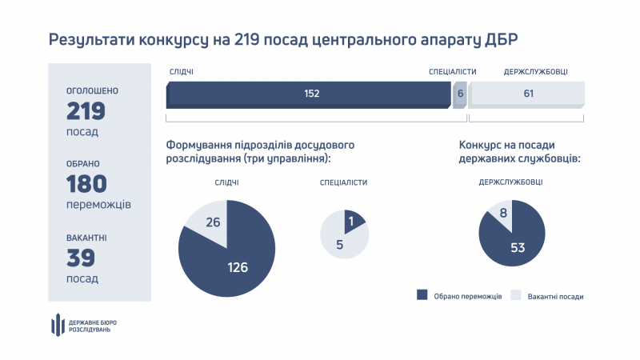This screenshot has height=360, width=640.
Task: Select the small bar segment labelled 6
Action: tap(460, 94)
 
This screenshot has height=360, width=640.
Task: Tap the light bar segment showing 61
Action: tap(527, 94)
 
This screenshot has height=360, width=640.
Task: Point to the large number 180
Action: tap(86, 184)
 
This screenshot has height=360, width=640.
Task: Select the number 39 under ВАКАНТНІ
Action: tap(81, 258)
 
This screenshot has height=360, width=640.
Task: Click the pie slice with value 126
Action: tap(232, 256)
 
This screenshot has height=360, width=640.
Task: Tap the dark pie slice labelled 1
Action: tap(352, 220)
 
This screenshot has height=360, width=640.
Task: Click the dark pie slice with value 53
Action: tap(516, 244)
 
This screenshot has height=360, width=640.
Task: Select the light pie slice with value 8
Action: tap(501, 215)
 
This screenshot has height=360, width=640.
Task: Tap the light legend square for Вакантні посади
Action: tap(516, 295)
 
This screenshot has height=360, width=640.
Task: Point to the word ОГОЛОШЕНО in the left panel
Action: tap(92, 91)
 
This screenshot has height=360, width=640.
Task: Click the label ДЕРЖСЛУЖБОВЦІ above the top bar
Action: tap(535, 72)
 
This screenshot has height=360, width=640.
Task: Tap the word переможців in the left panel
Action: tap(98, 205)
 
